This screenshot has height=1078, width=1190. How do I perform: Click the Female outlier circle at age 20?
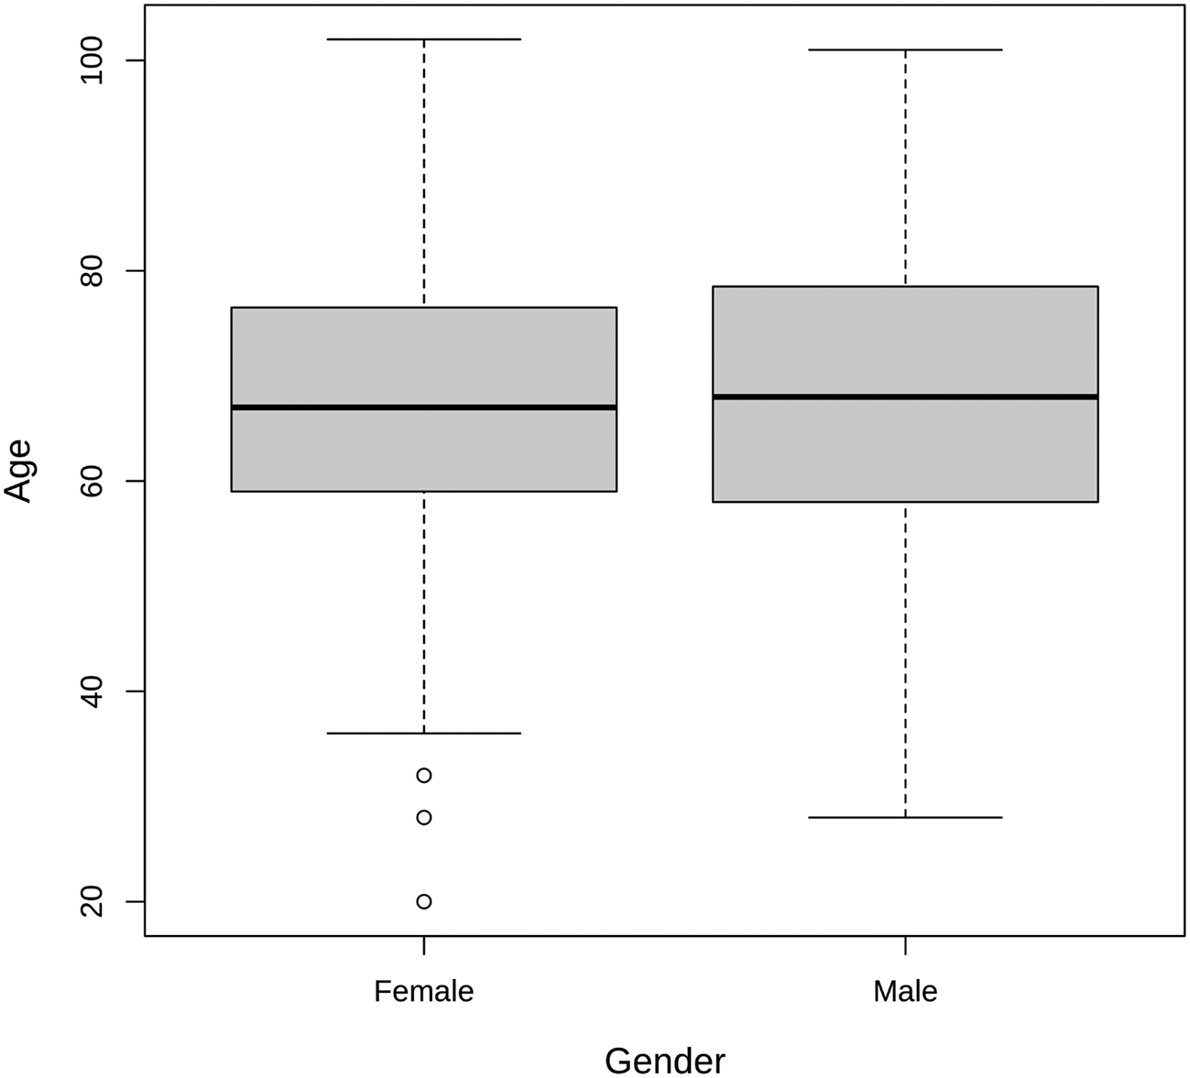click(x=424, y=901)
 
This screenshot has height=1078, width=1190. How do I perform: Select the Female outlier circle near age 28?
click(x=424, y=817)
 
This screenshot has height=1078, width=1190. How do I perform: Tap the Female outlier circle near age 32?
click(x=424, y=775)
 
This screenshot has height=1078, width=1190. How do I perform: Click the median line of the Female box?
click(x=424, y=407)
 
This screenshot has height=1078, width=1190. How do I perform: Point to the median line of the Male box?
click(x=905, y=397)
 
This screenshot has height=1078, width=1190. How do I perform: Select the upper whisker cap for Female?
click(x=424, y=39)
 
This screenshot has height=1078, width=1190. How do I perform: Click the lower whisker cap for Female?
click(x=424, y=733)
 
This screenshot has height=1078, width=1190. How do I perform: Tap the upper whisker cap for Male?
click(x=905, y=49)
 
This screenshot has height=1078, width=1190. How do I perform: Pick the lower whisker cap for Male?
click(x=905, y=817)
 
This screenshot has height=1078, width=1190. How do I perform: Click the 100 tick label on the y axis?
click(x=90, y=60)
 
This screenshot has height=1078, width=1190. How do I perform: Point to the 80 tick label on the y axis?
click(x=90, y=271)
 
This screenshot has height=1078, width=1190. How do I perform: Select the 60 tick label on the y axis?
click(x=90, y=481)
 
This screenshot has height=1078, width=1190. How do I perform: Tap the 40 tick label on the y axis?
click(x=90, y=691)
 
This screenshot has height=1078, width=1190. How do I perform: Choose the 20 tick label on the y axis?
click(x=90, y=901)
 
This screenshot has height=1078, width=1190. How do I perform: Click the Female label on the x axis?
click(x=424, y=991)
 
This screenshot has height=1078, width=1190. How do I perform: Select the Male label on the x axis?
click(x=905, y=991)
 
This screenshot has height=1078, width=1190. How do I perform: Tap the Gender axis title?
click(x=664, y=1061)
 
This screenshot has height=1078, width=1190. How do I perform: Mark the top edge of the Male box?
click(x=905, y=287)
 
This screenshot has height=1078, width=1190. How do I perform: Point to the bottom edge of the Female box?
click(x=424, y=492)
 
